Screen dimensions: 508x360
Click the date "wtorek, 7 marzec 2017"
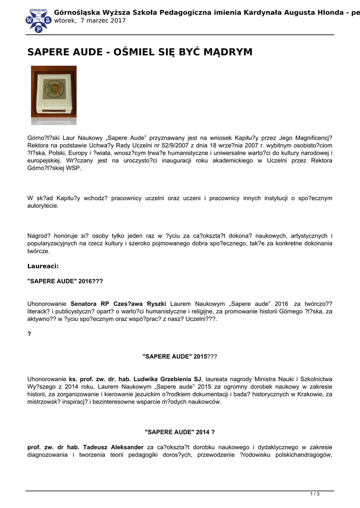[90, 21]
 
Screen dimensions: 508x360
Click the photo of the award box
[54, 95]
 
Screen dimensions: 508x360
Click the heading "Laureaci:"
[43, 266]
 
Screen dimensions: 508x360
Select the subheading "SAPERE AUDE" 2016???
[65, 281]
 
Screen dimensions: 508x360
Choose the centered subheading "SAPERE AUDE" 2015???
[179, 357]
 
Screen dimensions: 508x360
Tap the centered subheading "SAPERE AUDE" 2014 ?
[179, 432]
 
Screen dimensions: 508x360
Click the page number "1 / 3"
[315, 494]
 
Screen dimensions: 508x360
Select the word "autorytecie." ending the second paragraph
[43, 206]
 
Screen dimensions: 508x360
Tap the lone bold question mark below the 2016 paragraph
[29, 334]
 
